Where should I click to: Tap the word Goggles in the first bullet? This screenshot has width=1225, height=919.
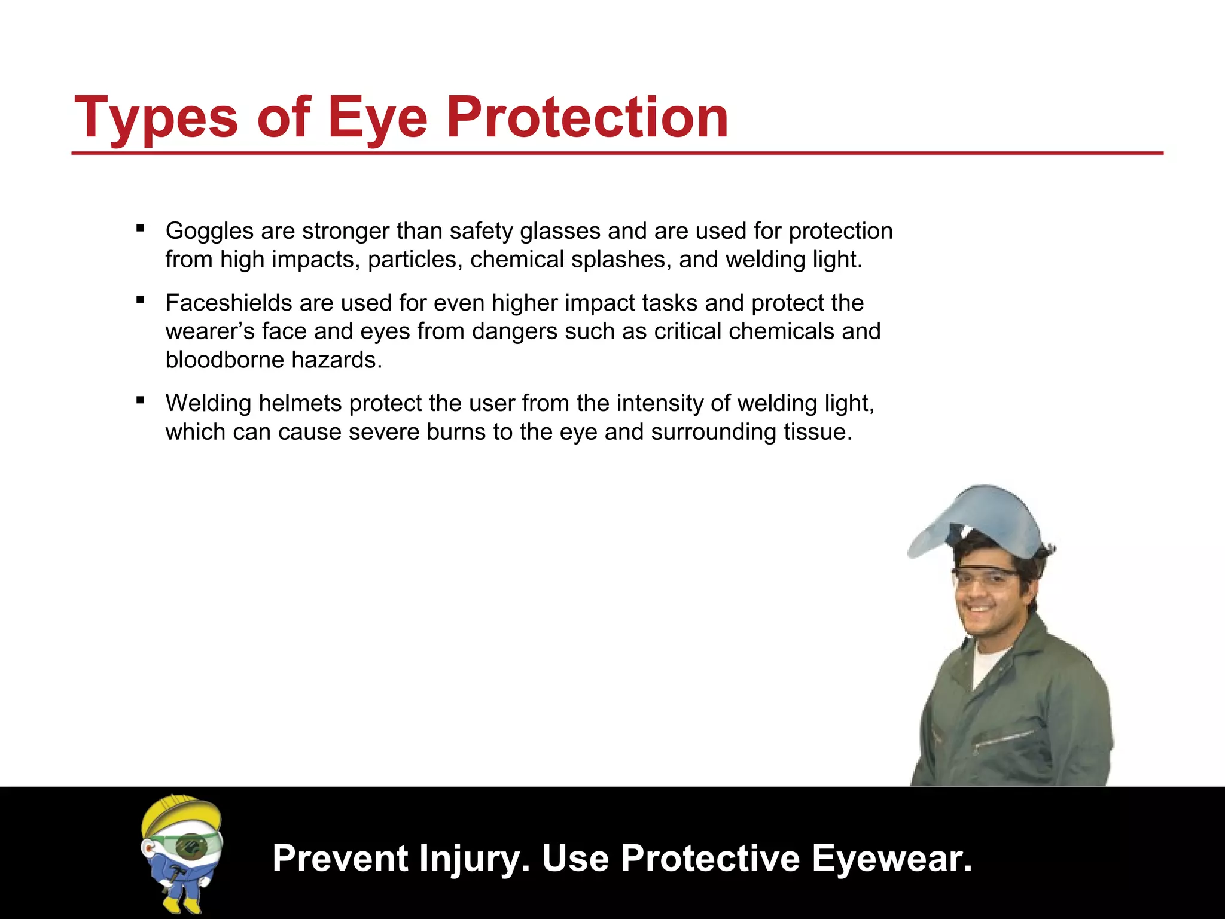coord(209,231)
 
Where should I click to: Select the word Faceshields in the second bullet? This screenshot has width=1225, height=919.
coord(228,303)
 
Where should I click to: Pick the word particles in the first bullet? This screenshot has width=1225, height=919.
coord(415,260)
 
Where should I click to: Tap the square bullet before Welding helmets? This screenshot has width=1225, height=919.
coord(141,400)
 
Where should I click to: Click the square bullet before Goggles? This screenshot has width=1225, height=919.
coord(141,228)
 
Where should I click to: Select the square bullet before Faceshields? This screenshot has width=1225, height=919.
coord(141,300)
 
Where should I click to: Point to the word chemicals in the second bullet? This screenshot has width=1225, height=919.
coord(781,331)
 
